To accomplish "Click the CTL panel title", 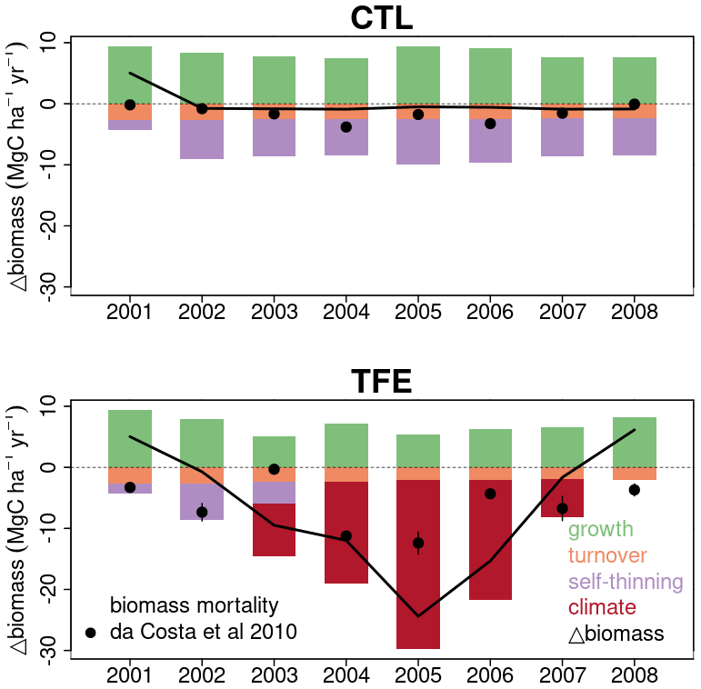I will [x=381, y=18].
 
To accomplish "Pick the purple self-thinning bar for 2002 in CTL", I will [x=202, y=139].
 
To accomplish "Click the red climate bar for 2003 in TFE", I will [x=274, y=530].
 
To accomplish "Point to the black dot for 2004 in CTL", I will [x=346, y=127].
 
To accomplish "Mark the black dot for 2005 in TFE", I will [x=418, y=544].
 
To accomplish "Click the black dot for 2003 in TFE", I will [x=274, y=469].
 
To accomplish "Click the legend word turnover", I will [x=607, y=555].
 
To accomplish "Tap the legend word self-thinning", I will [x=626, y=581].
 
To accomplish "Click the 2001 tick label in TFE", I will [x=130, y=676].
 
